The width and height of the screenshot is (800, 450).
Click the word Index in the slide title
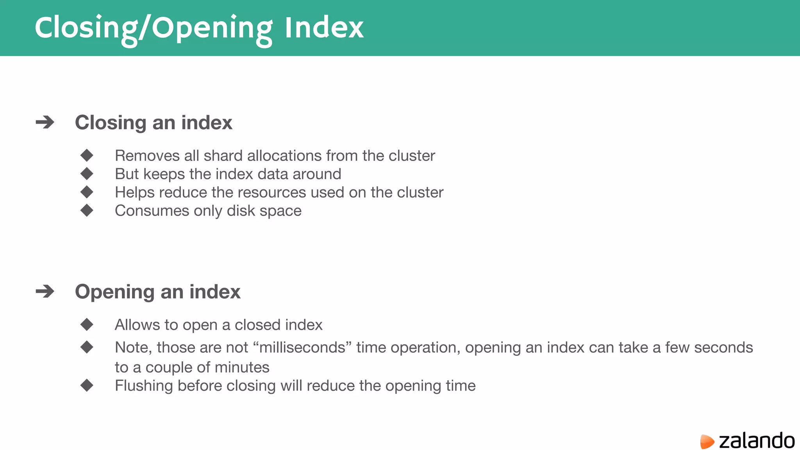pyautogui.click(x=324, y=28)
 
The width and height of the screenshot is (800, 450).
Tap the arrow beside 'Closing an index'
pyautogui.click(x=45, y=122)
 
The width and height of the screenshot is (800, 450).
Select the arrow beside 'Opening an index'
pyautogui.click(x=45, y=291)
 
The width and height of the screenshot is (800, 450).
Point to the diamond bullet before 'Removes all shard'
pyautogui.click(x=87, y=155)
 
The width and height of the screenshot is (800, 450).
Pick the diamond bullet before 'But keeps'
pyautogui.click(x=87, y=173)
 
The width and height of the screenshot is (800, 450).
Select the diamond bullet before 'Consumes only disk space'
pyautogui.click(x=87, y=210)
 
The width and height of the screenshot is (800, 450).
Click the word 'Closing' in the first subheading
pyautogui.click(x=111, y=123)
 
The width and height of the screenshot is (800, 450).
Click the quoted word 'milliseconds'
pyautogui.click(x=302, y=347)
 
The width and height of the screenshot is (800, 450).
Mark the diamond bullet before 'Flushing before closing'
pyautogui.click(x=87, y=385)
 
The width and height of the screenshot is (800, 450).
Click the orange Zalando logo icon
pyautogui.click(x=707, y=441)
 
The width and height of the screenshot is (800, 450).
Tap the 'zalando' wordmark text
pyautogui.click(x=757, y=441)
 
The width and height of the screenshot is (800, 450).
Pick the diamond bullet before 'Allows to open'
pyautogui.click(x=87, y=324)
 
